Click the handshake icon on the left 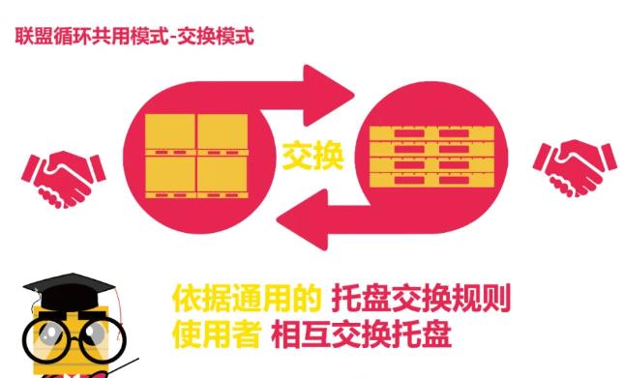(x=64, y=174)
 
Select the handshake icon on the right (x=575, y=170)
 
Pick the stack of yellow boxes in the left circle (x=195, y=153)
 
